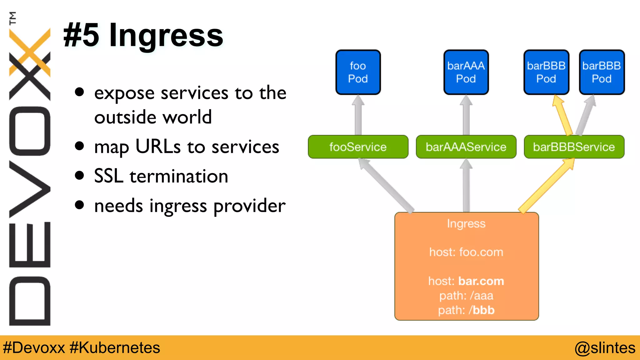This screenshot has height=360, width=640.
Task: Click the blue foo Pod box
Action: (x=358, y=72)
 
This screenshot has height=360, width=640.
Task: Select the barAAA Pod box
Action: (x=466, y=72)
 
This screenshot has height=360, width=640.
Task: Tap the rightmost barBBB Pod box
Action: (x=602, y=72)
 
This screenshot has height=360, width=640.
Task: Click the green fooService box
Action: (x=358, y=147)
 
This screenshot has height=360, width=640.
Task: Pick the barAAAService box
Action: (x=466, y=147)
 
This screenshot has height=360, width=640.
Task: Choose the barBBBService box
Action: (x=574, y=147)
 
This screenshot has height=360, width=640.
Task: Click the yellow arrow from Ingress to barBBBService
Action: (x=547, y=186)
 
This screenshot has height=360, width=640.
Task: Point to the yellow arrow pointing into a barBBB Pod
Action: (x=562, y=116)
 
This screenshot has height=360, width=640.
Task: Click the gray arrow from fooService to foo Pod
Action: (x=358, y=116)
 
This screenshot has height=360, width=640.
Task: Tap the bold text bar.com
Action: (x=481, y=281)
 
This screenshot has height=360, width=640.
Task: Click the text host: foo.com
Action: (x=466, y=252)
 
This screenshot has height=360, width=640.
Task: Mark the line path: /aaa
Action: (x=466, y=296)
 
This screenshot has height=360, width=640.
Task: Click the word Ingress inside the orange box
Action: (x=466, y=224)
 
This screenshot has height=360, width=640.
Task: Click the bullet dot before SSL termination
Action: (x=80, y=176)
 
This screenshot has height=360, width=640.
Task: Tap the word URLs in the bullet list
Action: (x=158, y=147)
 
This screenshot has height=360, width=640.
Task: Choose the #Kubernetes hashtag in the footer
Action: (x=115, y=348)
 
